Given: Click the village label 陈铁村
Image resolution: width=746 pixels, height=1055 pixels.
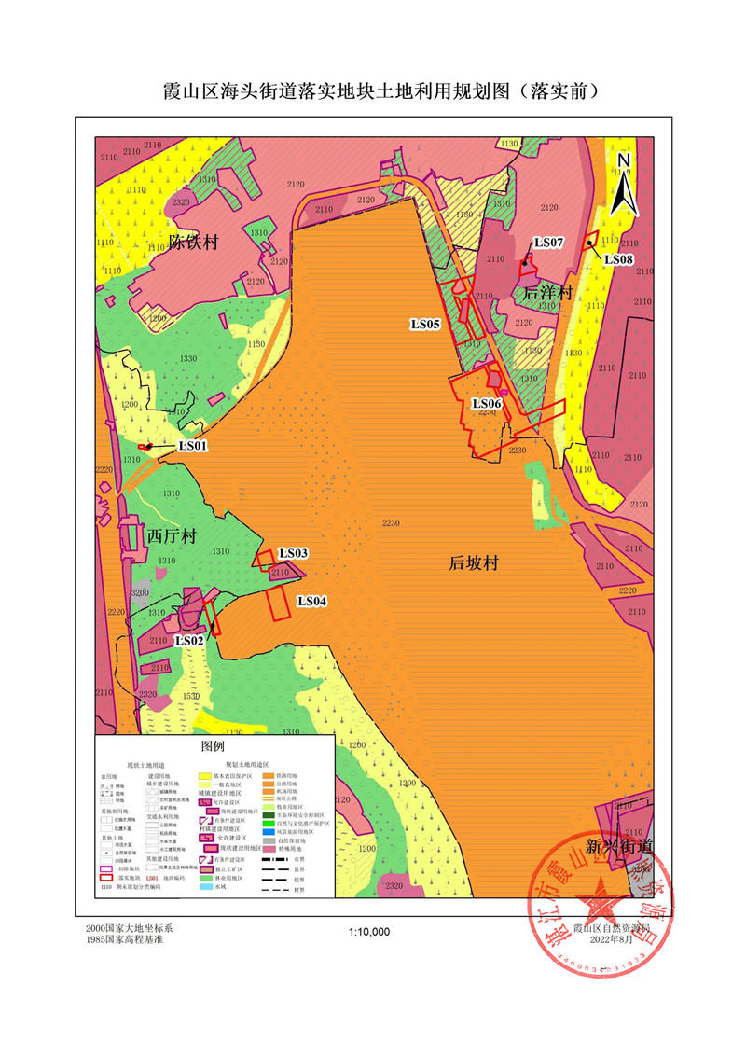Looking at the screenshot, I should [x=192, y=243].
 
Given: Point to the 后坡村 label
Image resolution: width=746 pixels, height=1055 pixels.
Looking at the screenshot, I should [x=475, y=563].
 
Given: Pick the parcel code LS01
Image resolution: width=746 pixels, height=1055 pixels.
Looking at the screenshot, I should [x=192, y=446].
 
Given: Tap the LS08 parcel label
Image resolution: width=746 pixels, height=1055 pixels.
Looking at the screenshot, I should [x=619, y=258].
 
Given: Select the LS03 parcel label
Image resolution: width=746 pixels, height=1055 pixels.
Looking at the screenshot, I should [x=293, y=553].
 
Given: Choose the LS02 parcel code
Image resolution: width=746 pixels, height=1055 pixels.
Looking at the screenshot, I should [x=189, y=641].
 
